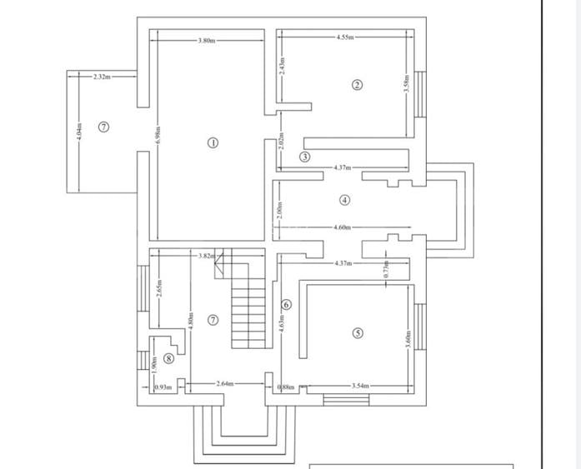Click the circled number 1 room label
pos(213,142)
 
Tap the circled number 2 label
pos(357,84)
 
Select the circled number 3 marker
pos(305,157)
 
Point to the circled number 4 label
pos(345,200)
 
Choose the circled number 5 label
pos(358,333)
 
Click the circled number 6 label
pos(286,305)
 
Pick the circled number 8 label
pos(169,358)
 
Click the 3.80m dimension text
pos(207,40)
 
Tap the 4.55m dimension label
pos(345,37)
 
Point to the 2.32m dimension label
pos(103,76)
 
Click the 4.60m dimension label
pos(343,227)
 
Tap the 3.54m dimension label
pos(360,386)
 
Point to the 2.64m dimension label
pos(223,384)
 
